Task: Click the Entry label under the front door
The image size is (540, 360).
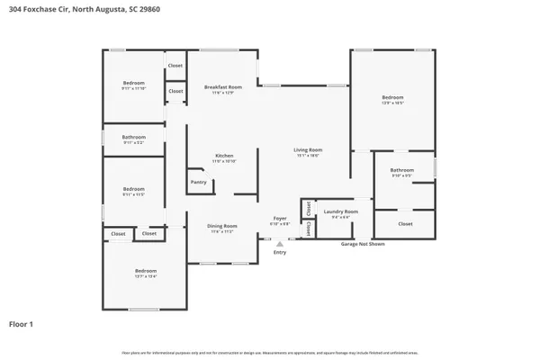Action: click(280, 252)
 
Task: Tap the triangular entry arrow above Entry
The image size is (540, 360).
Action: click(280, 243)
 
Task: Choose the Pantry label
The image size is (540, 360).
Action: click(199, 182)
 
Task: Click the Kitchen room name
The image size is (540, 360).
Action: click(224, 155)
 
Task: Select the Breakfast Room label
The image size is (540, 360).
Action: click(222, 87)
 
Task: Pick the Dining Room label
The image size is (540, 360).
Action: click(222, 226)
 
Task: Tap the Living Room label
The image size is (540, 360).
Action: click(308, 149)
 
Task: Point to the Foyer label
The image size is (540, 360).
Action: click(280, 218)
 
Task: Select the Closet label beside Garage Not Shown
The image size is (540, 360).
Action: click(405, 223)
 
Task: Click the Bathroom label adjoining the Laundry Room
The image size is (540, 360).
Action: click(401, 169)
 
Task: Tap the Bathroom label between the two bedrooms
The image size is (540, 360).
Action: click(133, 137)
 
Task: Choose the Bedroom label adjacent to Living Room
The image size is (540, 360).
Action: click(392, 97)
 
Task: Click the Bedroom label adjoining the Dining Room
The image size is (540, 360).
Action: click(146, 271)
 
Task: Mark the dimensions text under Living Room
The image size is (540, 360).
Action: click(308, 156)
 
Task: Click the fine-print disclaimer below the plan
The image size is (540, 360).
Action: click(270, 353)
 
